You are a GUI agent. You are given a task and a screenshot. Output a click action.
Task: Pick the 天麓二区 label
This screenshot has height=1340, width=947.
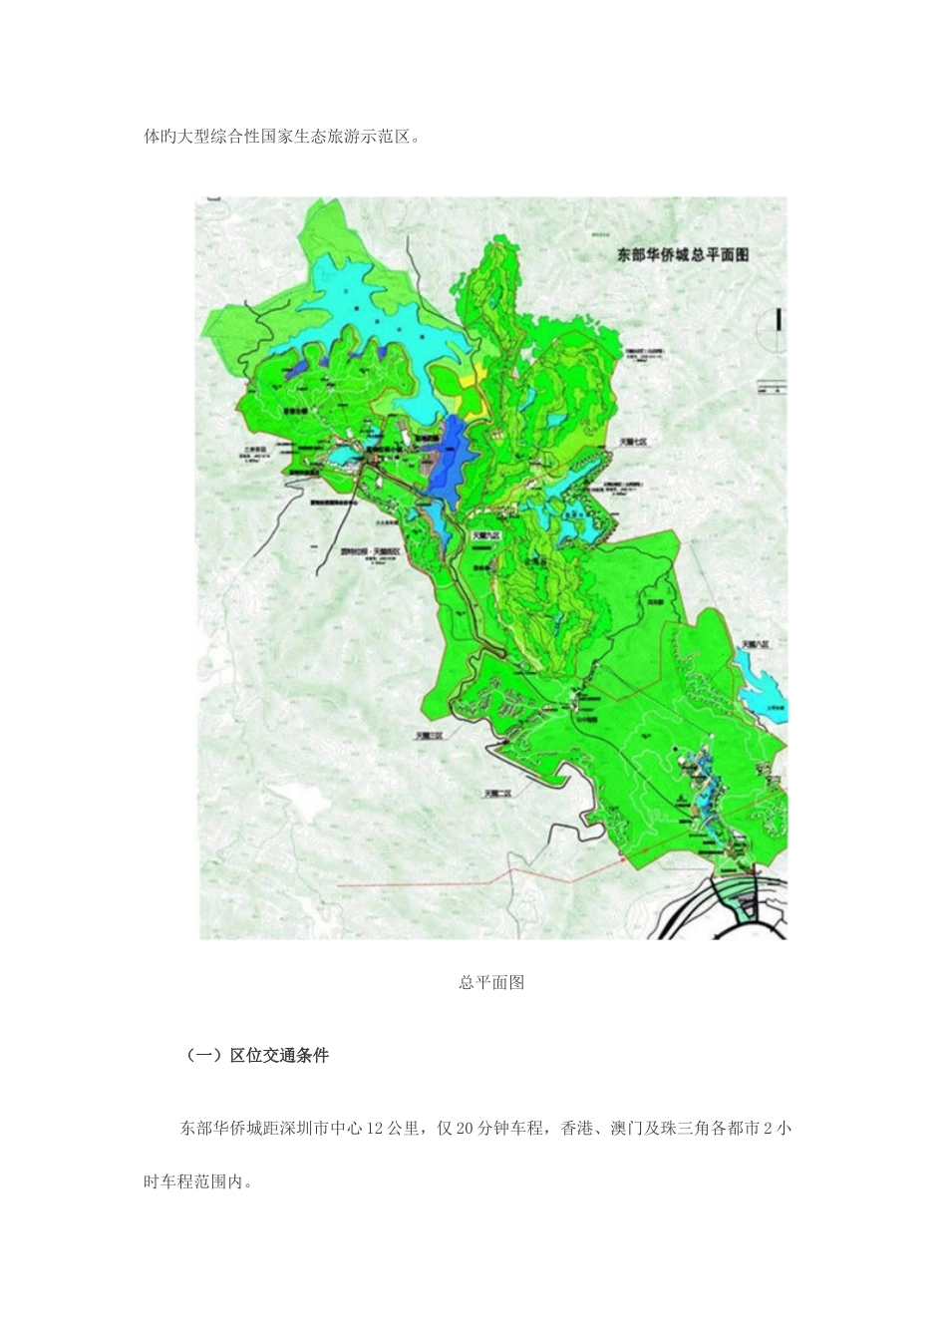(497, 793)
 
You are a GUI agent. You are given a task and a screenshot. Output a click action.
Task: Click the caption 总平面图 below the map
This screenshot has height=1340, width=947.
(491, 983)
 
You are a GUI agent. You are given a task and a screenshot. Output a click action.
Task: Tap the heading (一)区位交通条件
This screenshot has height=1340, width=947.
(257, 1055)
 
